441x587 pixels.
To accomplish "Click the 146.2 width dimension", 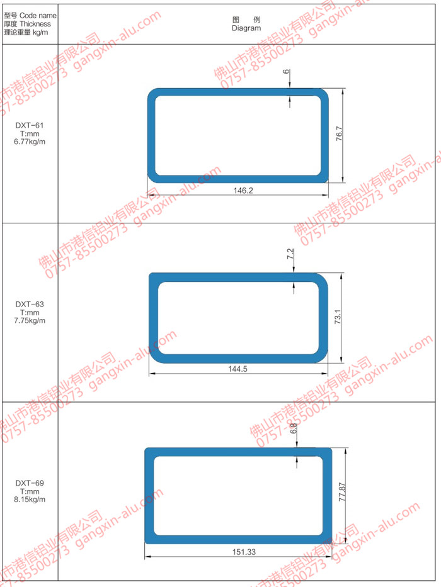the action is pyautogui.click(x=243, y=191).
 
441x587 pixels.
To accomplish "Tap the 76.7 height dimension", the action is pyautogui.click(x=339, y=133).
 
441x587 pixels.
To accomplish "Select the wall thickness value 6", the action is pyautogui.click(x=286, y=71).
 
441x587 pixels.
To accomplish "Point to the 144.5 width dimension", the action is pyautogui.click(x=238, y=369).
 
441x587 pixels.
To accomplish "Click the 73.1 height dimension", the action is pyautogui.click(x=338, y=316).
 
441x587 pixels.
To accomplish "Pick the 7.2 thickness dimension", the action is pyautogui.click(x=290, y=254).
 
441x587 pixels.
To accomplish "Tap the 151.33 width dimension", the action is pyautogui.click(x=244, y=552).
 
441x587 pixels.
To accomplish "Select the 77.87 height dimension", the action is pyautogui.click(x=341, y=492).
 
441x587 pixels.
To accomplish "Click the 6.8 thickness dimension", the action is pyautogui.click(x=294, y=428).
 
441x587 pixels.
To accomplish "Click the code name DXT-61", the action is pyautogui.click(x=30, y=125).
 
